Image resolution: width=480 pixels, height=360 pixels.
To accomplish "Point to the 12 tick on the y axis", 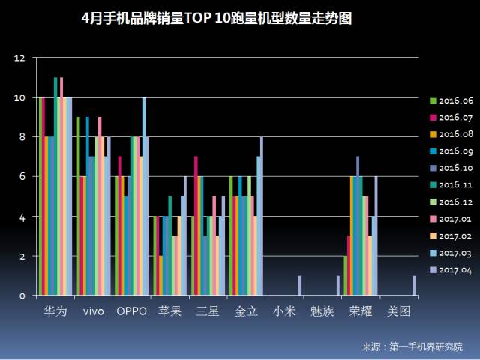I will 20,58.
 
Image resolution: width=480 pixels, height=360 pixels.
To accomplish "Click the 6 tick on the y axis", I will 22,177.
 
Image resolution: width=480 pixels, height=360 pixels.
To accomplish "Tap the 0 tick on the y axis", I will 22,295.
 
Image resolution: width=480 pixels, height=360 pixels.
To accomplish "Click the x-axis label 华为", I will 55,310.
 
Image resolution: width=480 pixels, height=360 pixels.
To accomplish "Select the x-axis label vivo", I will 94,310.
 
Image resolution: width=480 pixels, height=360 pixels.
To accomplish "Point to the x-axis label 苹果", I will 169,310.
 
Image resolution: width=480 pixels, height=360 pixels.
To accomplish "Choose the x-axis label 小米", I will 283,310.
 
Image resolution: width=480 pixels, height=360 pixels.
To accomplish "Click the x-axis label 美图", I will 397,310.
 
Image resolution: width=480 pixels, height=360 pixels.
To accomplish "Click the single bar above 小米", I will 299,286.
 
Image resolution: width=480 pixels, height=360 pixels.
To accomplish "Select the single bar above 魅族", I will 337,286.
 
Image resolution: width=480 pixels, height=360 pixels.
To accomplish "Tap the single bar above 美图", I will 413,286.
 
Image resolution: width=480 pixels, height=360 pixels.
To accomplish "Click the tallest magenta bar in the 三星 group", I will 196,226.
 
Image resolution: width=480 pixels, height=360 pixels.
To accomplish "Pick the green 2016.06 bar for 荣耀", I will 345,276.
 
